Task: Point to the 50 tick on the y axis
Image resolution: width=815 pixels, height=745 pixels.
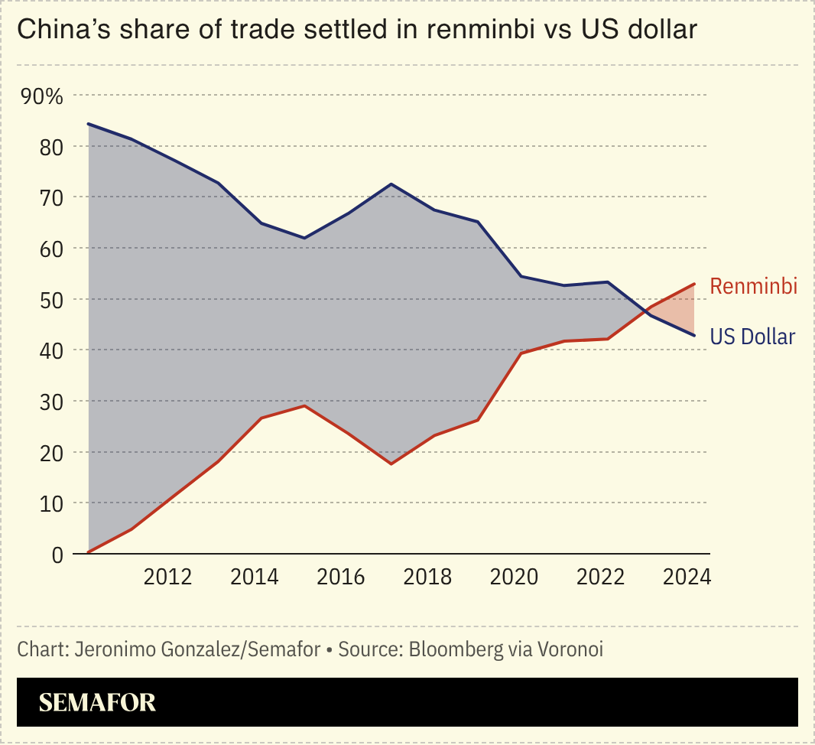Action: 51,299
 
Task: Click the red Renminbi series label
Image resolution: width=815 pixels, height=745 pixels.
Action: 753,286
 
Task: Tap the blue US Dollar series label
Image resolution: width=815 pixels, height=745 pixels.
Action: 752,337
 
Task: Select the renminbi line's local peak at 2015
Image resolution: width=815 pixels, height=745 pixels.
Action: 304,405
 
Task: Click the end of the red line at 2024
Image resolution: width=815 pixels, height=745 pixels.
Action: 694,284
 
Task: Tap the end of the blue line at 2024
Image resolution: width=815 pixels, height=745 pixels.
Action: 694,335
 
